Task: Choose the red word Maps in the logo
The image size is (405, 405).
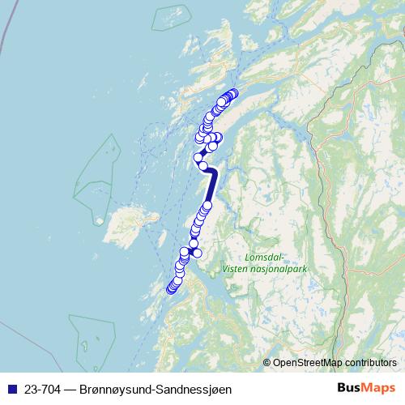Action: point(378,389)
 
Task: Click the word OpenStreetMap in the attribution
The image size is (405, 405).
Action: point(308,362)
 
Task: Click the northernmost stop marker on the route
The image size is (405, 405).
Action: point(234,93)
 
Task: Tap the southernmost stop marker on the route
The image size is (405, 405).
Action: point(171,289)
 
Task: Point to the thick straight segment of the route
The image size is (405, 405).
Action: point(211,187)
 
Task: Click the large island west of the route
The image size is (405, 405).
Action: point(126,220)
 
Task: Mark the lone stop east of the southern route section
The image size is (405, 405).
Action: point(197,254)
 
